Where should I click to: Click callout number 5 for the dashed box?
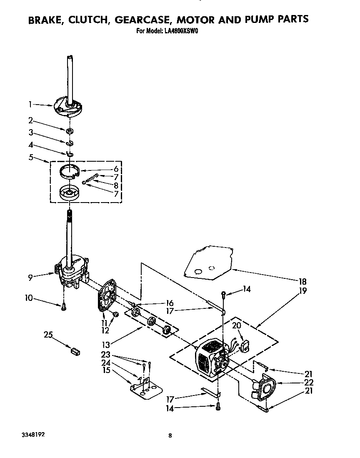[x=31, y=158]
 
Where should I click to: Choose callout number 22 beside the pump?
[x=309, y=382]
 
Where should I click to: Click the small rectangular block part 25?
[x=75, y=351]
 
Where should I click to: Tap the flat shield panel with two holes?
[x=208, y=263]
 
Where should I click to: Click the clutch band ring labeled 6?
[x=70, y=171]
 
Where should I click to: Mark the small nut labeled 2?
[x=70, y=132]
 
